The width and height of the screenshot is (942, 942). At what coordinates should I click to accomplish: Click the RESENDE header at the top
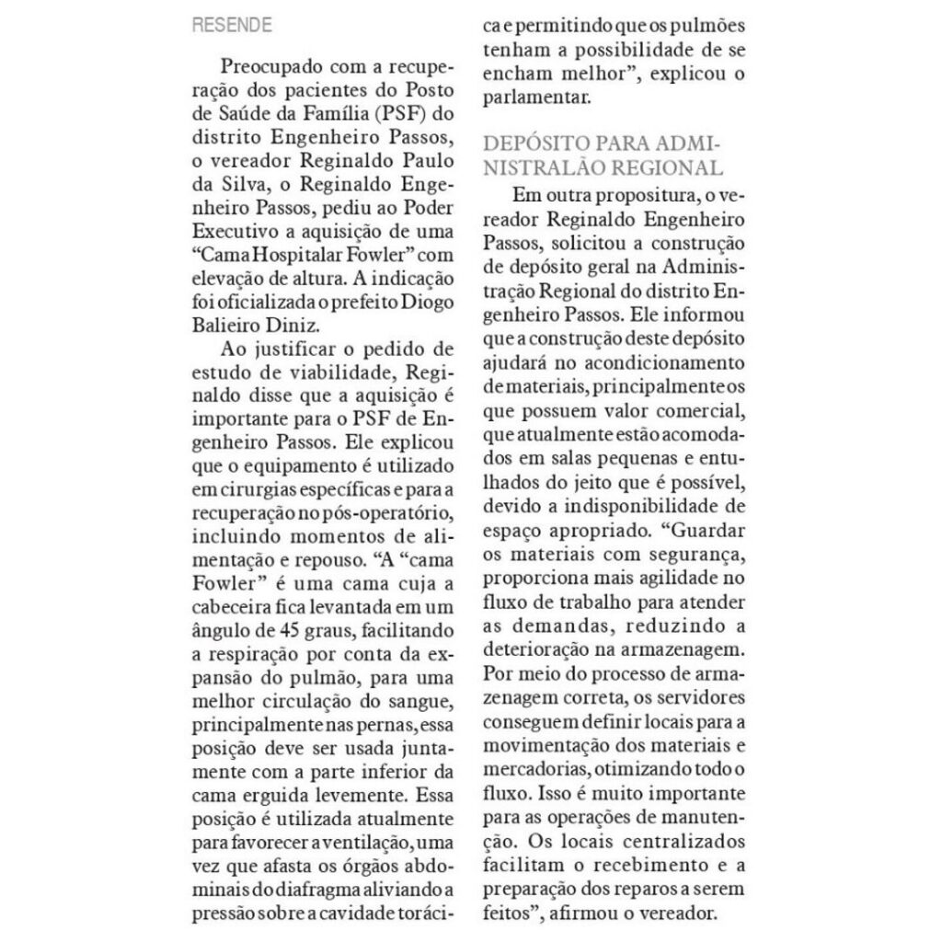(231, 26)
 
